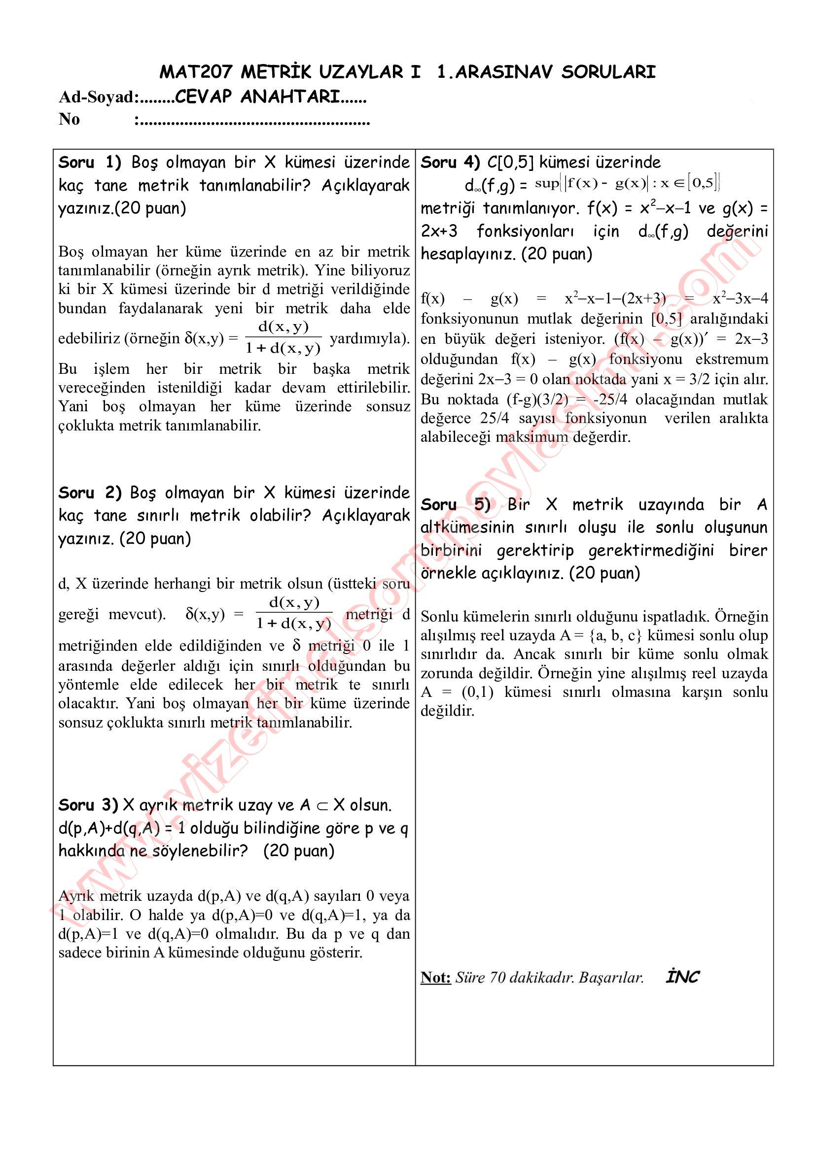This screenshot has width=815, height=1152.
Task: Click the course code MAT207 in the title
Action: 196,72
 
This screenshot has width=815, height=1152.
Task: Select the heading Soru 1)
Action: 90,163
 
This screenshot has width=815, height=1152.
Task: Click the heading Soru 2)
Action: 90,493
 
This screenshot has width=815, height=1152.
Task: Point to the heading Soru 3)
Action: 88,805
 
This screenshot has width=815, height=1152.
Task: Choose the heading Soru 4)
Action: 451,163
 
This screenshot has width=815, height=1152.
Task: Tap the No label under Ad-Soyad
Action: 69,119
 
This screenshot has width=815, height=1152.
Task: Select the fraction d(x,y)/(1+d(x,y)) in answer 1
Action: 283,338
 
